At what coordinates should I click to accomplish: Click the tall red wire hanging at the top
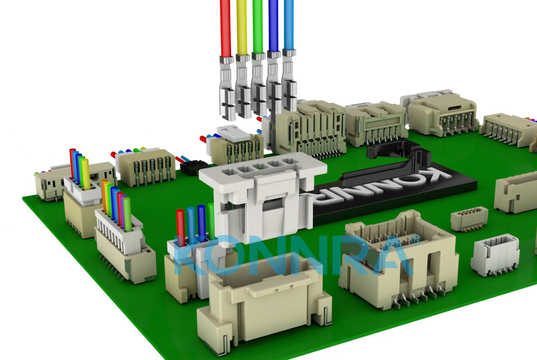(225, 30)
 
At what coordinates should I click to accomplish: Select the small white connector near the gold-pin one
(495, 255)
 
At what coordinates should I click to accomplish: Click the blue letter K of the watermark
(189, 257)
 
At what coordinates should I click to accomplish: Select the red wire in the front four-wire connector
(181, 228)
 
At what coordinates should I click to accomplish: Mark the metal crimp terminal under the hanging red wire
(226, 89)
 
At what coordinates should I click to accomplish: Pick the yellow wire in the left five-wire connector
(85, 173)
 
